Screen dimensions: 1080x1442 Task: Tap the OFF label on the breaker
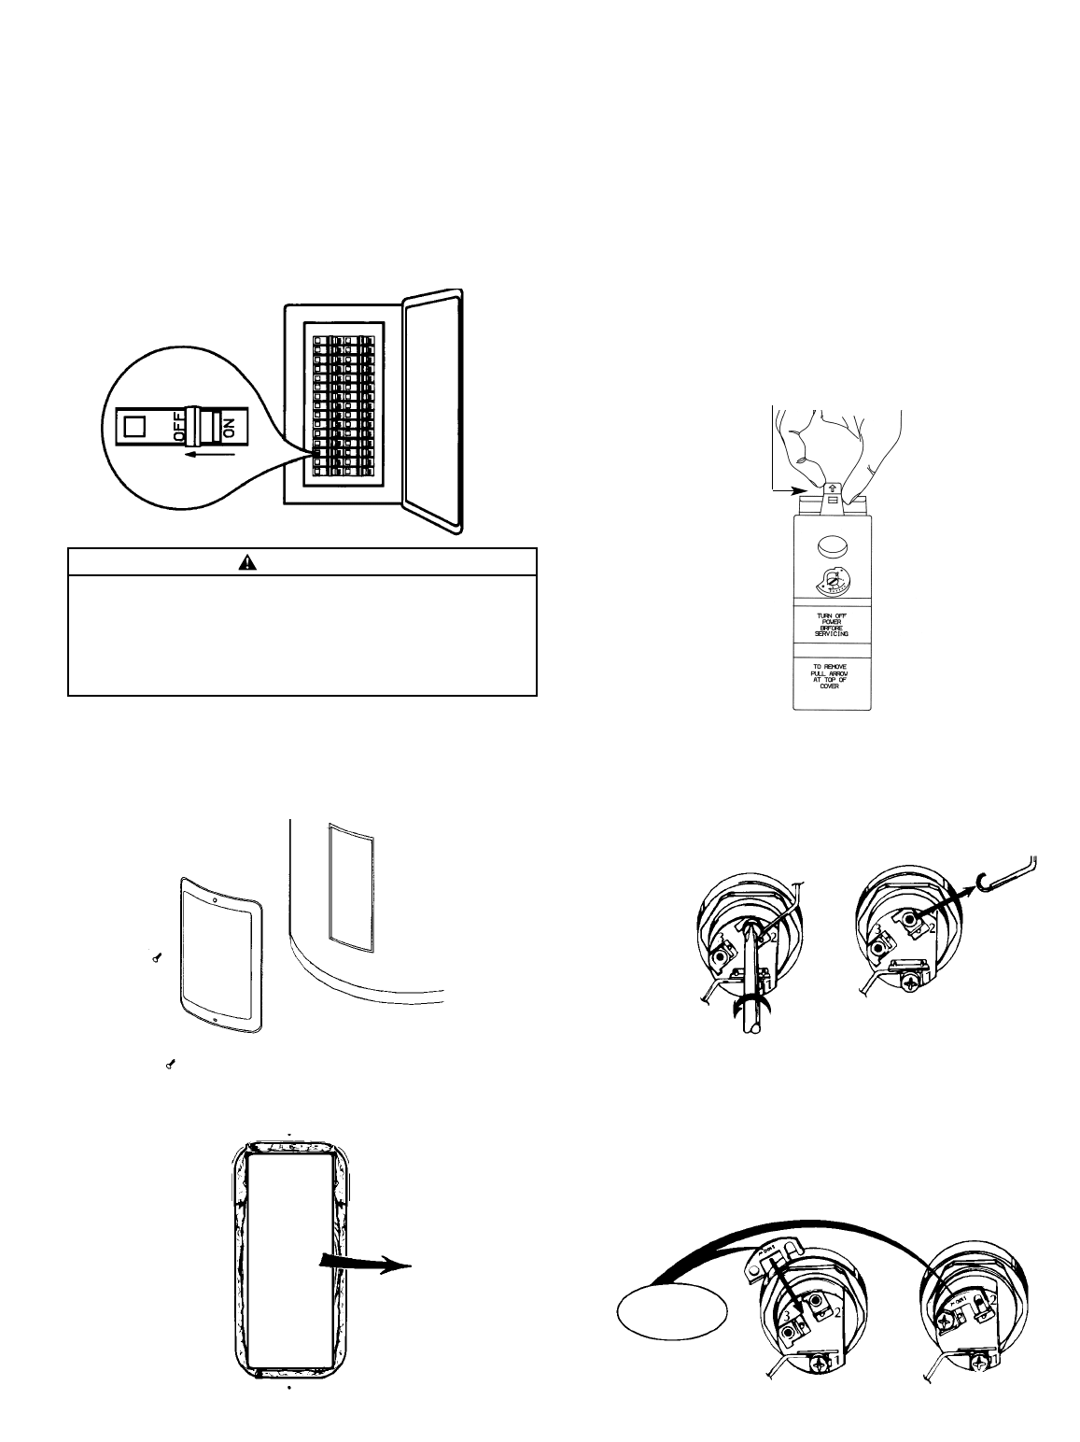[178, 428]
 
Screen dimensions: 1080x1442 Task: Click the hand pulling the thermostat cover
[836, 445]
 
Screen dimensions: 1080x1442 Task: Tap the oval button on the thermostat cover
[832, 547]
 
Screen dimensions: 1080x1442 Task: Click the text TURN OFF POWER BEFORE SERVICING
[832, 624]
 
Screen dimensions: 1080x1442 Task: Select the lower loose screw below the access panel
[171, 1063]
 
